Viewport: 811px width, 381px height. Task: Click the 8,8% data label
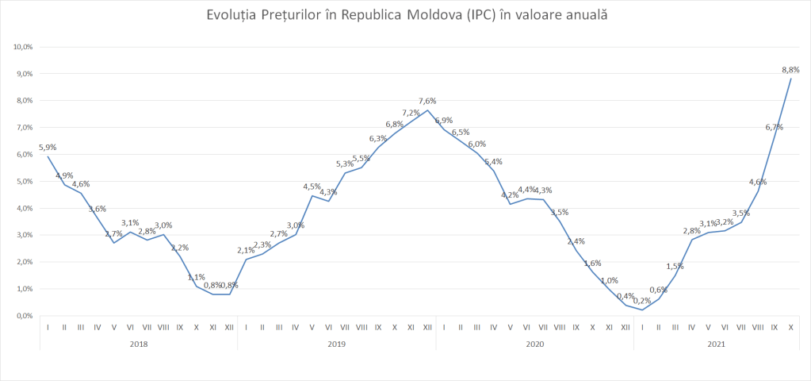[791, 68]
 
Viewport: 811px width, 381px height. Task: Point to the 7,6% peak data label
[427, 101]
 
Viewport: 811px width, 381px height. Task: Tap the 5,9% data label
[48, 147]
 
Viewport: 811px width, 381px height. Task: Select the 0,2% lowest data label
[642, 301]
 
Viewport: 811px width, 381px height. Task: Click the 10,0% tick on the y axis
[23, 47]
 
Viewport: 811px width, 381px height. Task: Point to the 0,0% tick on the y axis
[23, 316]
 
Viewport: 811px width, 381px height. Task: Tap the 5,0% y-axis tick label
[23, 181]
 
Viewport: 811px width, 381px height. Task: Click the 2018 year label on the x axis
[139, 344]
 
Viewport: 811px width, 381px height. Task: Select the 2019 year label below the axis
[337, 344]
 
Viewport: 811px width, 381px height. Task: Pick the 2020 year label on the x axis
[535, 344]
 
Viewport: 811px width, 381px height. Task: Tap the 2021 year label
[716, 344]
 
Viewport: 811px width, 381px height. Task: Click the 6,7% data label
[775, 127]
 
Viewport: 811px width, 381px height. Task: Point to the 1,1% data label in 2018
[196, 277]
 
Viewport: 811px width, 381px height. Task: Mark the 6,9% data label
[444, 120]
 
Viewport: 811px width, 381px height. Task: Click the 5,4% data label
[493, 161]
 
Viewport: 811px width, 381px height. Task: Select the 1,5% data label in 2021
[675, 266]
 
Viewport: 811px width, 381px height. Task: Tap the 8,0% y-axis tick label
[23, 101]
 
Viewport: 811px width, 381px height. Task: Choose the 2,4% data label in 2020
[576, 241]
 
